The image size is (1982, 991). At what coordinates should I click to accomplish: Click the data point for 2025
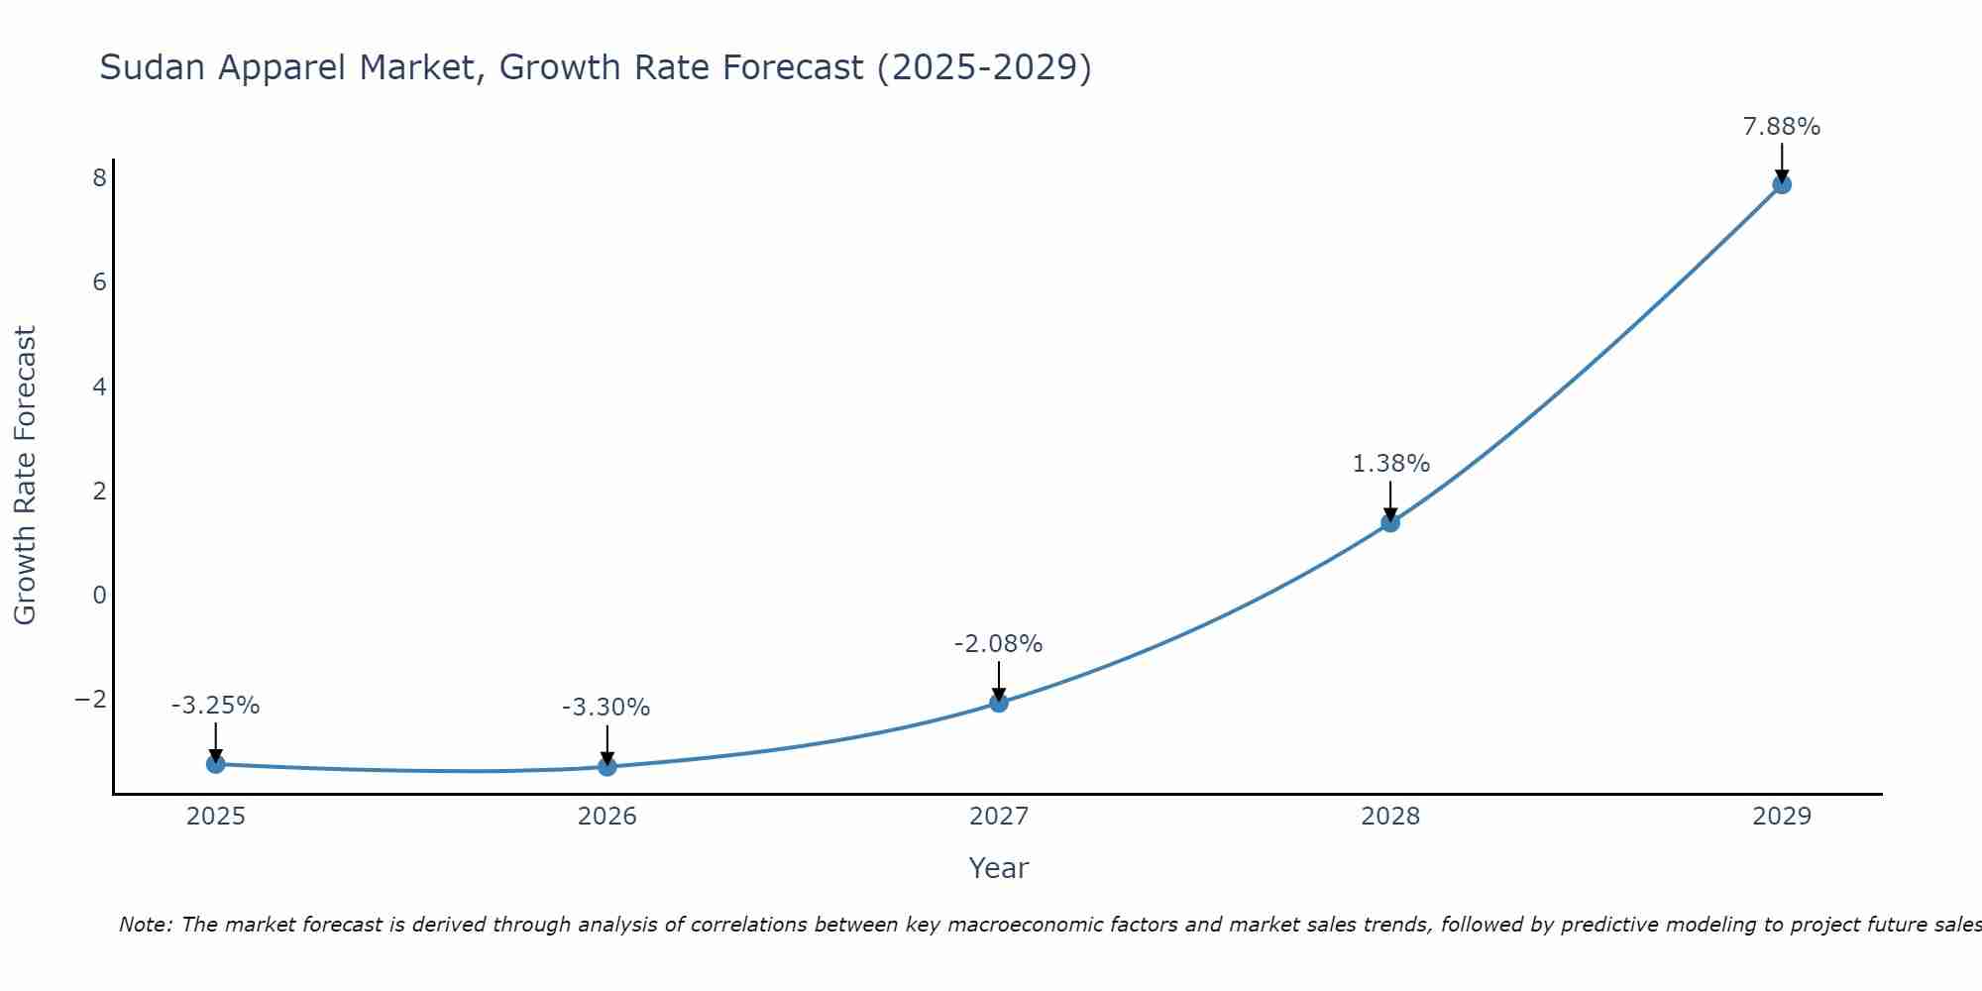(x=215, y=763)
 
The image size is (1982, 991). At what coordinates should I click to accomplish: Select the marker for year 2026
(x=606, y=766)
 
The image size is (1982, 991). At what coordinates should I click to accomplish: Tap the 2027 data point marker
(x=998, y=703)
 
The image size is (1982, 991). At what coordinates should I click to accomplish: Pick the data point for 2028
(x=1389, y=522)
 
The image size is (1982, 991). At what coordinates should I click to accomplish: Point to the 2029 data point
(x=1781, y=183)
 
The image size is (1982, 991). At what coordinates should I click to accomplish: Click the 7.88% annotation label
(x=1781, y=127)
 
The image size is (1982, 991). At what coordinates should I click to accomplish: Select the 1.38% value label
(x=1390, y=464)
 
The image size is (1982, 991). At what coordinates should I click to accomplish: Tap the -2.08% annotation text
(x=998, y=644)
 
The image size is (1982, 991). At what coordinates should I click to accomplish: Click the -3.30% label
(x=606, y=708)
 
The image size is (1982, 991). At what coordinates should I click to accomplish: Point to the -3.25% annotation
(x=215, y=706)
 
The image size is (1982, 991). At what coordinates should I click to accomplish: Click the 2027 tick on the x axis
(x=998, y=817)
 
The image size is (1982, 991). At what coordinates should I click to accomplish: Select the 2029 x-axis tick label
(x=1781, y=817)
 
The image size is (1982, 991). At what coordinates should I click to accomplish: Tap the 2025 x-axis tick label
(x=215, y=817)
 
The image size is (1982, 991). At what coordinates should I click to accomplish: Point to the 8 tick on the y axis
(x=99, y=178)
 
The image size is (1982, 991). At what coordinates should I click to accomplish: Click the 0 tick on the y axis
(x=99, y=595)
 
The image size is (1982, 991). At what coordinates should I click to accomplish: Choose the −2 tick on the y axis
(x=90, y=699)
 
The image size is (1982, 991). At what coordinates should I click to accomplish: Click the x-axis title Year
(x=998, y=868)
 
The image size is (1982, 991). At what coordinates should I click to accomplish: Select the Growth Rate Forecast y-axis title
(x=25, y=476)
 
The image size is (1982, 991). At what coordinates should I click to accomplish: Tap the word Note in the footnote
(x=145, y=925)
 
